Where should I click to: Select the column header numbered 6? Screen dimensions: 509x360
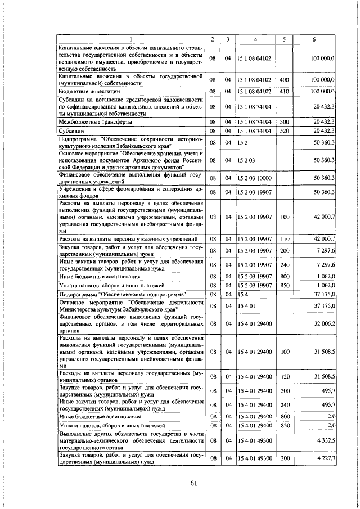click(x=313, y=39)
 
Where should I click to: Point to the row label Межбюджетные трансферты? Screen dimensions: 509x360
click(x=96, y=121)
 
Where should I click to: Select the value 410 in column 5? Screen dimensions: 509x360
click(x=284, y=91)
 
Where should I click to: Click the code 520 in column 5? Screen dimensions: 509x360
click(x=284, y=130)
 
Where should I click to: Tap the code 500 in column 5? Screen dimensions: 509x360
click(x=284, y=121)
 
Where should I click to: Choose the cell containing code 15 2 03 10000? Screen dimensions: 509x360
click(x=254, y=178)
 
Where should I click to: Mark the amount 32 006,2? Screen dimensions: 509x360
click(x=323, y=323)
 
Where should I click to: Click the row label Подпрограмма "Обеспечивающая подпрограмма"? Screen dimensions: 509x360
click(x=122, y=294)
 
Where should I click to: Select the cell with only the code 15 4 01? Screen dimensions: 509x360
click(x=246, y=305)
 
